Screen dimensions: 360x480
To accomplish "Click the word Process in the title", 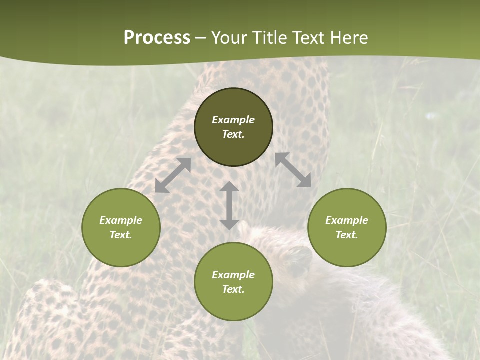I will pyautogui.click(x=157, y=38).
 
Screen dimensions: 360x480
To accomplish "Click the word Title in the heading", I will pyautogui.click(x=269, y=38).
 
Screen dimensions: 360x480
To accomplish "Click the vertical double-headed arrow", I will pyautogui.click(x=229, y=205).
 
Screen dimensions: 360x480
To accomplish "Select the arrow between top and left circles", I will pyautogui.click(x=173, y=175).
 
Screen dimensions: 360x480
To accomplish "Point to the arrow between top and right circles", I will pyautogui.click(x=293, y=170).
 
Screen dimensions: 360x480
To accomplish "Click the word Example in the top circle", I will pyautogui.click(x=233, y=120).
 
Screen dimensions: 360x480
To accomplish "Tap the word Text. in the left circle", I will pyautogui.click(x=121, y=235).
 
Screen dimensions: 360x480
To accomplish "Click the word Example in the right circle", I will pyautogui.click(x=347, y=220).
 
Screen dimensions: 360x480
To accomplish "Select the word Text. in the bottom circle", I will pyautogui.click(x=233, y=289).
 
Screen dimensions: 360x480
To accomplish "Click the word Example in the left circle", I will pyautogui.click(x=121, y=220).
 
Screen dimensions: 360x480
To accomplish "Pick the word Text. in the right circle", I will pyautogui.click(x=347, y=235).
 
